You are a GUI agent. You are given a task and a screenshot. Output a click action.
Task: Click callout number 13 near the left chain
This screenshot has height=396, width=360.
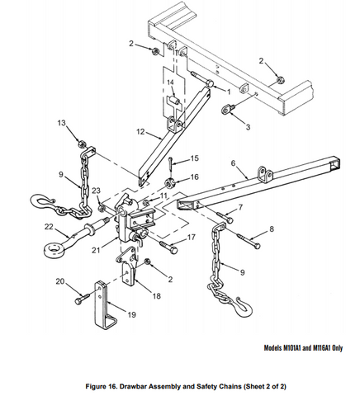60,122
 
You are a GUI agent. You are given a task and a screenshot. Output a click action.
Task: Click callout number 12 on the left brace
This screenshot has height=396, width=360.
140,131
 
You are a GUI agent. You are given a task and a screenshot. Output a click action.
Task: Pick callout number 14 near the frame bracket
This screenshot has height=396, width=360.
169,83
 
